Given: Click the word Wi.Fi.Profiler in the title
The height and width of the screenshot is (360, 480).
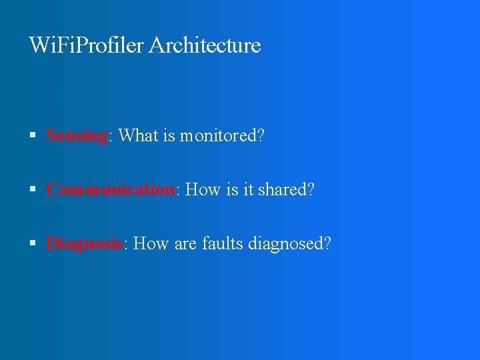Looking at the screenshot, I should coord(87,45).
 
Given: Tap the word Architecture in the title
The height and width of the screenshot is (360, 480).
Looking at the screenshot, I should coord(205,45).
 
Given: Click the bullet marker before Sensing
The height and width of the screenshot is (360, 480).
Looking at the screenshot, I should coord(33,136).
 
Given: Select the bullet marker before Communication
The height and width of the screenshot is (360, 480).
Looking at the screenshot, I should coord(33,190).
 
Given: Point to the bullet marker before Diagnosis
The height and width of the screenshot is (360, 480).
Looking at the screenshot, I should coord(33,244).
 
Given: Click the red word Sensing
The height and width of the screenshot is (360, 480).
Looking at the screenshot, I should coord(77,136).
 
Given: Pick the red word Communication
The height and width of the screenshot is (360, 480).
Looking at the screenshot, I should coord(111,190).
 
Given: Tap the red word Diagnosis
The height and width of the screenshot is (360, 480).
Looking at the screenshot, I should coord(84,244).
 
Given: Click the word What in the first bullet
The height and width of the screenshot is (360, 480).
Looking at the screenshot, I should coord(138,136).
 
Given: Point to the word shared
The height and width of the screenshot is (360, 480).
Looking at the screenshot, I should coord(286,190).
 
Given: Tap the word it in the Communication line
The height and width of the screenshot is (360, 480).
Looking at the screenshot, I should coord(249,190).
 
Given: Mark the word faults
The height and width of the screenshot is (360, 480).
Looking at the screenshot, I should coord(222,244).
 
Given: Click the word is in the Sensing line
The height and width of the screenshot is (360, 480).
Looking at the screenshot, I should coord(168,136).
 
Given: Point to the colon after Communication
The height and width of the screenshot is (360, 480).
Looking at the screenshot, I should coord(177,191).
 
